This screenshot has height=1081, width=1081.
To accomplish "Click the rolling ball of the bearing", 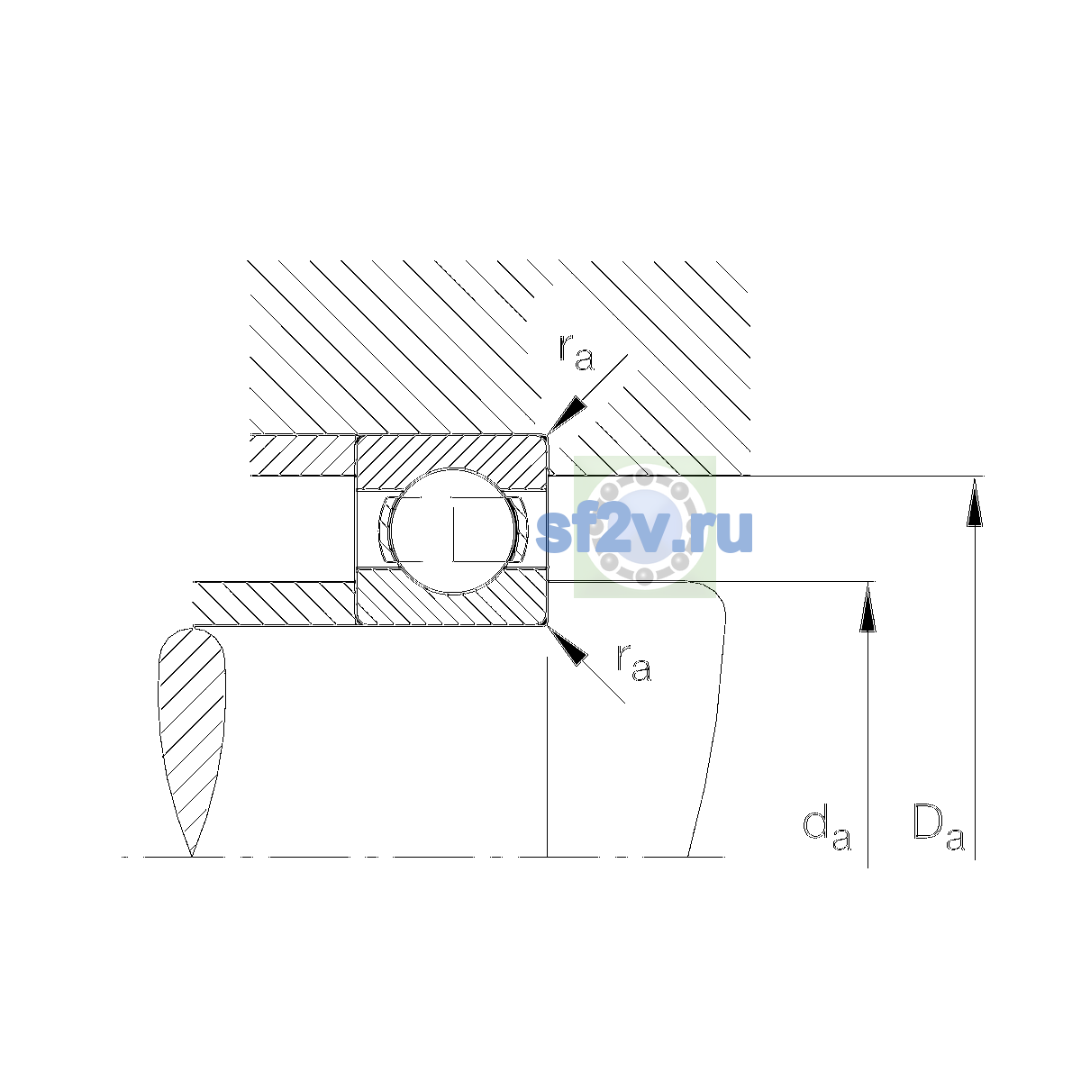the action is pos(452,531).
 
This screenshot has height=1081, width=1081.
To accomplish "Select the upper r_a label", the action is pos(576,353).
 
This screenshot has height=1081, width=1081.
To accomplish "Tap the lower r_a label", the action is pos(634,663).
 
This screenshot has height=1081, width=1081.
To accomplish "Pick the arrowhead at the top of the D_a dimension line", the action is pos(975,502).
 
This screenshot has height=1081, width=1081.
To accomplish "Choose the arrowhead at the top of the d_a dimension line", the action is pos(868,607).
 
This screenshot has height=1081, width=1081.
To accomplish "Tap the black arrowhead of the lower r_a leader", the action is pos(567,646).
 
